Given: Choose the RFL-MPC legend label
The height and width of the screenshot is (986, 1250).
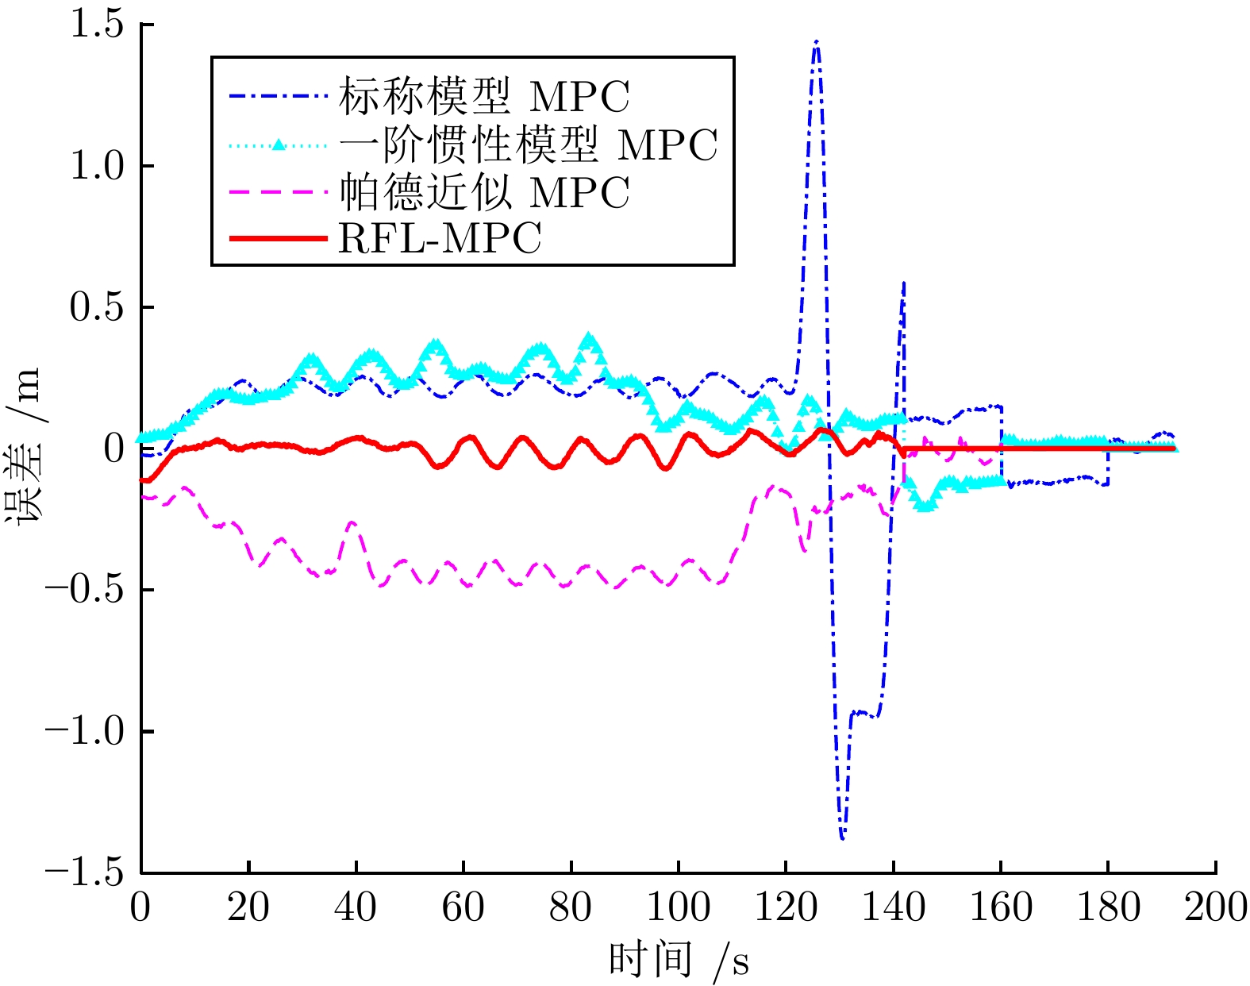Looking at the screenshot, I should [440, 238].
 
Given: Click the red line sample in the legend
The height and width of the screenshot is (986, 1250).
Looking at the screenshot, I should [277, 238].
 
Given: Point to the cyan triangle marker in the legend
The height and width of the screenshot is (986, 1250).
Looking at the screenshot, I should [278, 144].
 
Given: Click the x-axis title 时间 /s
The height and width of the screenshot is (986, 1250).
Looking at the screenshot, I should [679, 961].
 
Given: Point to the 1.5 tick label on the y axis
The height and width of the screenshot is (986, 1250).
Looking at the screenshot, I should [97, 25].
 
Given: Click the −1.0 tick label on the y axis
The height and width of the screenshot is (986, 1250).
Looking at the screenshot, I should [86, 731].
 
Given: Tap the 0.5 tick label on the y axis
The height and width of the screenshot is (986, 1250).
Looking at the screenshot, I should [97, 308].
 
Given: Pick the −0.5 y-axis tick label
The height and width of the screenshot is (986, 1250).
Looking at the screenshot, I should [86, 590].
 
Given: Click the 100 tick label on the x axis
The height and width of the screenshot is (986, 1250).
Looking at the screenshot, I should [679, 907].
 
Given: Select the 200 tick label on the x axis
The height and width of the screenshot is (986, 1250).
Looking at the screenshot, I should [1215, 907].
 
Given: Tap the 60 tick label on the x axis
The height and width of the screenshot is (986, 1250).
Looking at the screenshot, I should [463, 907].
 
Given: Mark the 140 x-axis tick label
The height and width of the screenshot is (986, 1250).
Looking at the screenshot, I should [894, 907].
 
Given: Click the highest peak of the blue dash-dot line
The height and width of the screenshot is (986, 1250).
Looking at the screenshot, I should [816, 41].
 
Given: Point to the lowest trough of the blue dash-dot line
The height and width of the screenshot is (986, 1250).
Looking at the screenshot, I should [842, 838].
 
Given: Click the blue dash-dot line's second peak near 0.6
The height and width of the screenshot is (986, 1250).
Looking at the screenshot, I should [903, 283].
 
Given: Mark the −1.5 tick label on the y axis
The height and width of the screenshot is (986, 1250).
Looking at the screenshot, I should [86, 872].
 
